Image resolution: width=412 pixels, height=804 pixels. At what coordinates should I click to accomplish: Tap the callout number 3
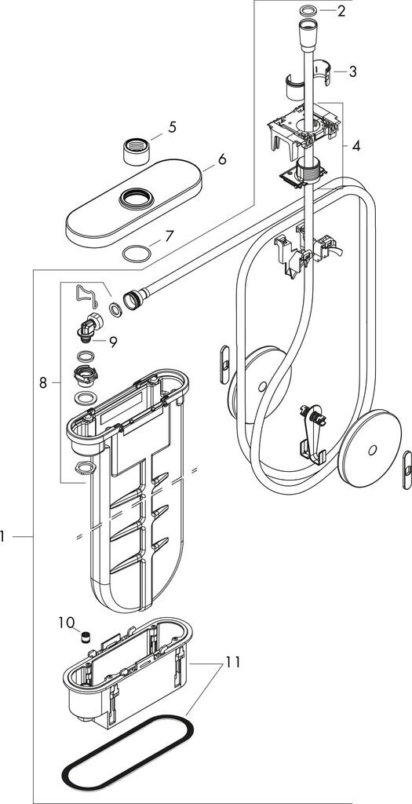pyautogui.click(x=352, y=71)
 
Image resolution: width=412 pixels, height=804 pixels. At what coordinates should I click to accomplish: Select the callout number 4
pyautogui.click(x=355, y=145)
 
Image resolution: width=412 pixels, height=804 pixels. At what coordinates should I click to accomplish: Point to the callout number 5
pyautogui.click(x=172, y=128)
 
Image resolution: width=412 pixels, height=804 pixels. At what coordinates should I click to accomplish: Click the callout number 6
pyautogui.click(x=221, y=159)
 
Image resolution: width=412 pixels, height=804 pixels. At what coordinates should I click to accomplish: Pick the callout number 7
pyautogui.click(x=169, y=236)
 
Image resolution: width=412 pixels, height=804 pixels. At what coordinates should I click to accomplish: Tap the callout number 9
pyautogui.click(x=112, y=342)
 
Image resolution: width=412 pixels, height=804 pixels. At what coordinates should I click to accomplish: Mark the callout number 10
pyautogui.click(x=67, y=623)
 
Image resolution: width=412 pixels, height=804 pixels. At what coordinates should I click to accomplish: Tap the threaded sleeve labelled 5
pyautogui.click(x=137, y=150)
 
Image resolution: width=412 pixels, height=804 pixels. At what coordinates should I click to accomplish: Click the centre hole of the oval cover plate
pyautogui.click(x=136, y=197)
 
